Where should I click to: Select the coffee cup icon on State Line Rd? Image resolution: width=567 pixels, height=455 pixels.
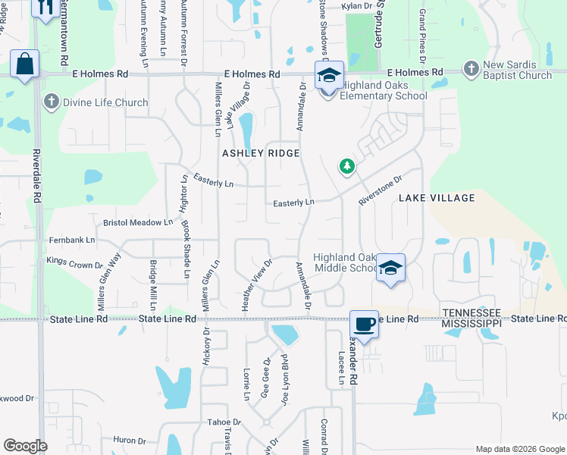coord(364,324)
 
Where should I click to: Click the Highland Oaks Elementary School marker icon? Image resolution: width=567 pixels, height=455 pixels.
coord(328,77)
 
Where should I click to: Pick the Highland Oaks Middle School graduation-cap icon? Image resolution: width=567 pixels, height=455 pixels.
coord(390,268)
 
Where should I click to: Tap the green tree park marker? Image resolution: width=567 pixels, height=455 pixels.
coord(346,166)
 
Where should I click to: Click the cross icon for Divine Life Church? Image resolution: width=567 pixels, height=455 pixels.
coord(52,102)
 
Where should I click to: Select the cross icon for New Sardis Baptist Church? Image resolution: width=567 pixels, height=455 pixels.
coord(471,69)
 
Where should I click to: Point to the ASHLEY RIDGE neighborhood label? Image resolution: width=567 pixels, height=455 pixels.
coord(261,153)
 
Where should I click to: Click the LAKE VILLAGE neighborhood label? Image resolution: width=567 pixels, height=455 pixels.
coord(437,198)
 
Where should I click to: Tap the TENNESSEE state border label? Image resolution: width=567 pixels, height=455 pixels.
coord(471,312)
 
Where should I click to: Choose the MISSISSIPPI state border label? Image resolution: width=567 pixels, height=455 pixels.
coord(471,323)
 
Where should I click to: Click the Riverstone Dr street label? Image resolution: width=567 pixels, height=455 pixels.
coord(380,187)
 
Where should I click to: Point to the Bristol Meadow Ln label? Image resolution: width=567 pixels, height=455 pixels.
coord(138,222)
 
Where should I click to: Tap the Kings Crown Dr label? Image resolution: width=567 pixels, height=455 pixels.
coord(74,262)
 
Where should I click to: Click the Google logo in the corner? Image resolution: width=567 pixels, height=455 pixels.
coord(26,446)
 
